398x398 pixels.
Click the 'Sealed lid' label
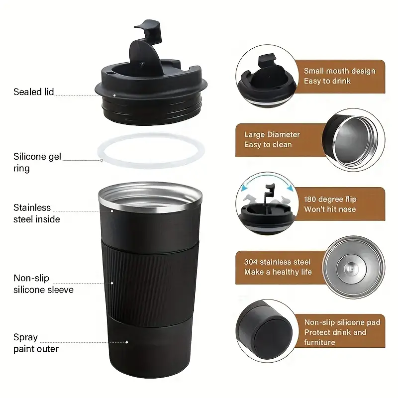click(x=33, y=92)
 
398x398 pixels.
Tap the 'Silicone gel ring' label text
click(x=37, y=163)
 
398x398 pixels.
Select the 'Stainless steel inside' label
click(x=37, y=213)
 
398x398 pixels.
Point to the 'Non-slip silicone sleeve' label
click(x=43, y=284)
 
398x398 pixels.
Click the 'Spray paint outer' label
click(x=36, y=343)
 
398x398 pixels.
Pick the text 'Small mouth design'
click(x=340, y=71)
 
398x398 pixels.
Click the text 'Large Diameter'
click(x=272, y=134)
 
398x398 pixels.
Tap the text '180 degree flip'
click(x=330, y=199)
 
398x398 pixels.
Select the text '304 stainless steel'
click(x=277, y=262)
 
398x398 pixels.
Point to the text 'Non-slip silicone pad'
click(x=342, y=322)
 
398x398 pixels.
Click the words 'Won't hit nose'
click(x=330, y=209)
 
